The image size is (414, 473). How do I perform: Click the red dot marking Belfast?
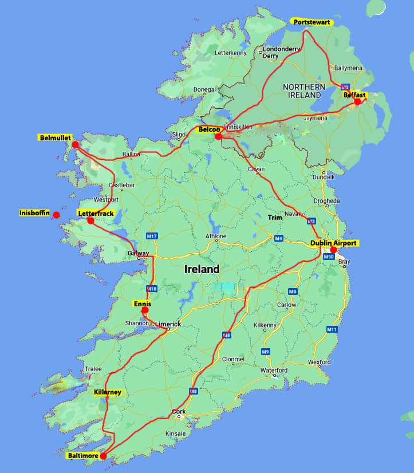coord(358,102)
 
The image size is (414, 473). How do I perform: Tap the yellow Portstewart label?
coord(312,22)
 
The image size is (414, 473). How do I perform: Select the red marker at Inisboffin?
coord(57,215)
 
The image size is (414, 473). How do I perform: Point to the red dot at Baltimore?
coord(103,456)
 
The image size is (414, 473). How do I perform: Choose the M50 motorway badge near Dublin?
coord(329,257)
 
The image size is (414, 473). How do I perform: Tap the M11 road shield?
coord(332,330)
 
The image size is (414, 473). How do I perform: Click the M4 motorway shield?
coord(278,238)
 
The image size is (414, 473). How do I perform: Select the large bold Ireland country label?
coord(202,269)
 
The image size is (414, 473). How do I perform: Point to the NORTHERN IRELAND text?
coord(304,91)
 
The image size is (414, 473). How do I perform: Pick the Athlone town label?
coord(216,236)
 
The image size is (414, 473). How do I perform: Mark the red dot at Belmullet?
coord(75,144)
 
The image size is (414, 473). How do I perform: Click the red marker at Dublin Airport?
coord(334,250)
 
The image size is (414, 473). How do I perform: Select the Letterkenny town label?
coord(230,53)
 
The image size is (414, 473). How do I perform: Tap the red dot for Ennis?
coord(145,310)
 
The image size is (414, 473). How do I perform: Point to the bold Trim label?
coord(275,217)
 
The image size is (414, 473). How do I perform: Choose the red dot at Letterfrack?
coord(90,220)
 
